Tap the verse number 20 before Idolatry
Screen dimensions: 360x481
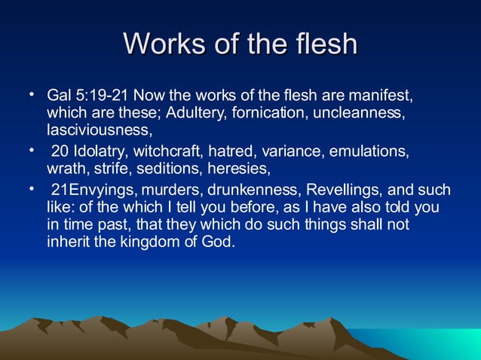click(60, 151)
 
